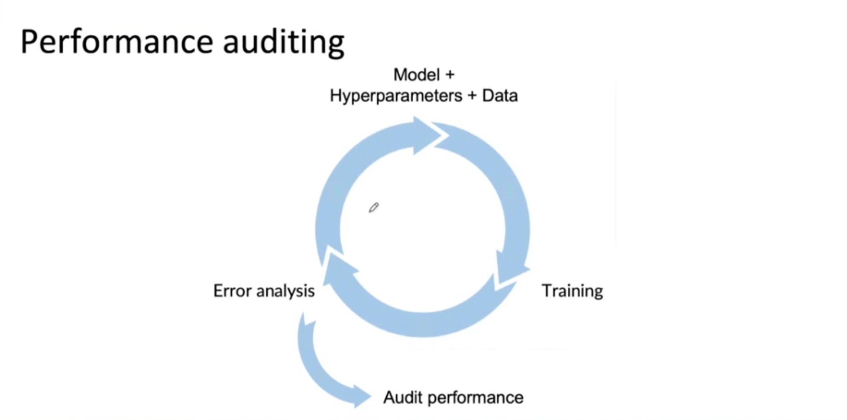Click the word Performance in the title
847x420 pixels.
point(117,42)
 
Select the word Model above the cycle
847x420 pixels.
point(416,75)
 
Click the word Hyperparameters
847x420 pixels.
point(395,96)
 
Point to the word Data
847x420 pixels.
point(500,96)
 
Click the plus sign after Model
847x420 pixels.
point(449,75)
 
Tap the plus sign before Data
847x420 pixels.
point(472,96)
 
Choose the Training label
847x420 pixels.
point(572,291)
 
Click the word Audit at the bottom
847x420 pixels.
point(403,397)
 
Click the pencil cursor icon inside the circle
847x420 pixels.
point(373,208)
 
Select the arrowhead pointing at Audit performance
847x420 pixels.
point(361,395)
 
